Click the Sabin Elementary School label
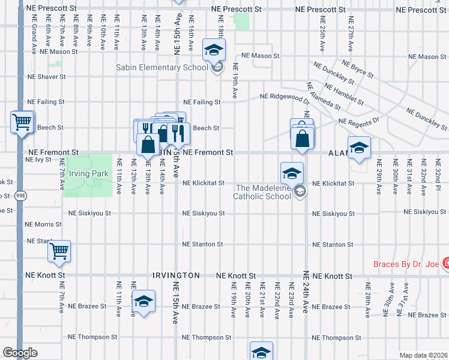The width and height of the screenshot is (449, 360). (162, 67)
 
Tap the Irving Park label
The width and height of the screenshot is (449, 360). (88, 174)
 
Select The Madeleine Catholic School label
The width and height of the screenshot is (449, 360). (261, 192)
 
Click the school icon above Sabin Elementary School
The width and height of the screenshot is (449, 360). (213, 50)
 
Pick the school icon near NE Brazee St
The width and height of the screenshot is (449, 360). (143, 302)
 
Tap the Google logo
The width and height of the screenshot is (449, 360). (20, 353)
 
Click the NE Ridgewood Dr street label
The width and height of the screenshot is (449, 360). (285, 96)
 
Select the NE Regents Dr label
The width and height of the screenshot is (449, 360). (359, 121)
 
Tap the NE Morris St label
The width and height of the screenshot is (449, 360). (43, 224)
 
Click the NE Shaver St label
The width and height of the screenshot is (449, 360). (46, 77)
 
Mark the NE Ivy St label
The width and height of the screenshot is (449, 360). (39, 160)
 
